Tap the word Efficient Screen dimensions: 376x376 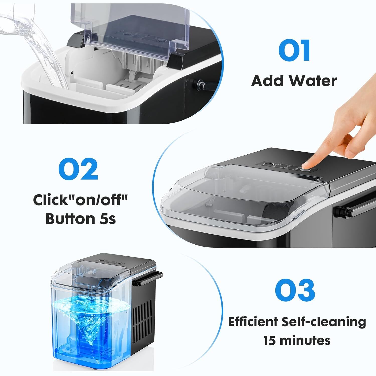pyautogui.click(x=253, y=322)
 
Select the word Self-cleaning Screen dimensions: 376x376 pyautogui.click(x=324, y=322)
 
